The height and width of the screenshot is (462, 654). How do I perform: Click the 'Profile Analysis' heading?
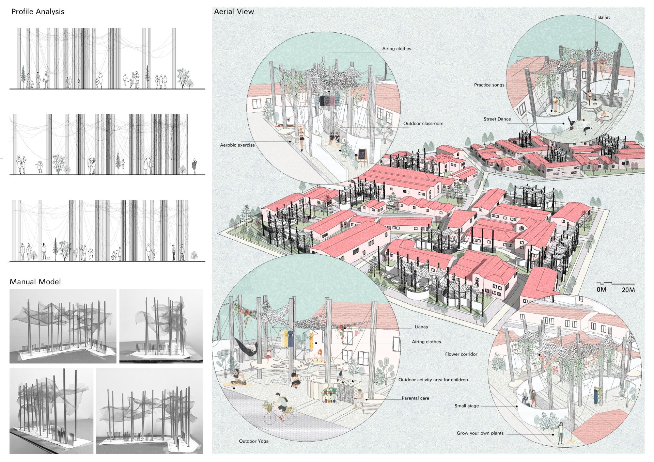[x=38, y=12]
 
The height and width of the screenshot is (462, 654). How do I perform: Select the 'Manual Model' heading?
[x=35, y=282]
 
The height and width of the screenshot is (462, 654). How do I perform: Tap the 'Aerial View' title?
[x=234, y=12]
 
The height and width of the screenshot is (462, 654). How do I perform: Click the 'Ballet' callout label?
[x=604, y=17]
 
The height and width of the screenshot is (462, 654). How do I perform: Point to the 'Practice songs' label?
[x=489, y=85]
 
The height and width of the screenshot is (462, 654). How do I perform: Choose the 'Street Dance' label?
[x=497, y=119]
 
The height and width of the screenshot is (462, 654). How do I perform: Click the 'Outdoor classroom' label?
[x=423, y=124]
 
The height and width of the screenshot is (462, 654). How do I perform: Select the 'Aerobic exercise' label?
[x=237, y=145]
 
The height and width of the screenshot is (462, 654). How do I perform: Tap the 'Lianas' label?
[x=421, y=327]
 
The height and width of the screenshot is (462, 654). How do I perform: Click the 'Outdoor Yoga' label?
[x=254, y=441]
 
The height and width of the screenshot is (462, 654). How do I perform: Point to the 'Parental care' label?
[x=416, y=398]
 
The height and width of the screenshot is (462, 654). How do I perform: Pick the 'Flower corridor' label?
[x=461, y=354]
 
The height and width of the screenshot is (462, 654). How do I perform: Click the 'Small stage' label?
[x=467, y=406]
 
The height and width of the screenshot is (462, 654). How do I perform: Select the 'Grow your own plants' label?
[x=480, y=433]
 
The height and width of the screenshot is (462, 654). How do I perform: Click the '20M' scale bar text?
[x=628, y=290]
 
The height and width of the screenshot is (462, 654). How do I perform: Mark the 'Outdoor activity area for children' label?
[x=433, y=380]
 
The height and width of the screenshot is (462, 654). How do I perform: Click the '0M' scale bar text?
[x=602, y=290]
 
